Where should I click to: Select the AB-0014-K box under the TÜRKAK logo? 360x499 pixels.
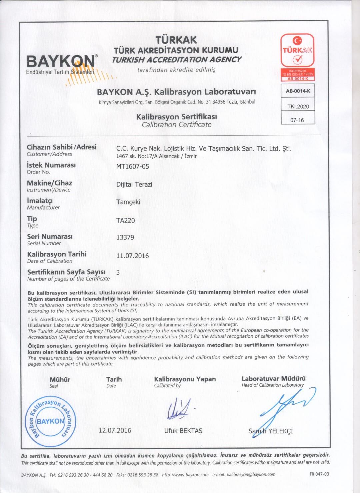pos(298,91)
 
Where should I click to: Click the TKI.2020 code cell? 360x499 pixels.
pos(298,107)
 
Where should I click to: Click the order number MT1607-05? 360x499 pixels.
pos(132,166)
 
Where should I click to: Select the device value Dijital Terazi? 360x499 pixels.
pos(134,184)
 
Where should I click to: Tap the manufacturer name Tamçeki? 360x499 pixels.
pos(128,202)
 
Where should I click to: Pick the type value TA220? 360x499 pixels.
pos(125,220)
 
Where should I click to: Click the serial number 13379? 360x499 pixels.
pos(125,237)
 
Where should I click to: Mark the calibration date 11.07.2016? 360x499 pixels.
pos(132,256)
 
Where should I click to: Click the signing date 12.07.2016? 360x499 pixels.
pos(115,430)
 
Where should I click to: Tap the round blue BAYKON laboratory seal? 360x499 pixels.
pos(50,421)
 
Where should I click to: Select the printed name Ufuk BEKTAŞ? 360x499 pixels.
pos(183,431)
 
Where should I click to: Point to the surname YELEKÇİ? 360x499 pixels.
pos(281,431)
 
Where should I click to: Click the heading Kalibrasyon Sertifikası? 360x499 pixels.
pos(176,117)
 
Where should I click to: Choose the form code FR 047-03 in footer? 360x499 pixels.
pos(319,474)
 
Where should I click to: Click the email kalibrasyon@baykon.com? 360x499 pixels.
pos(251,474)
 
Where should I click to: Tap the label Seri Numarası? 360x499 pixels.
pos(50,237)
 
